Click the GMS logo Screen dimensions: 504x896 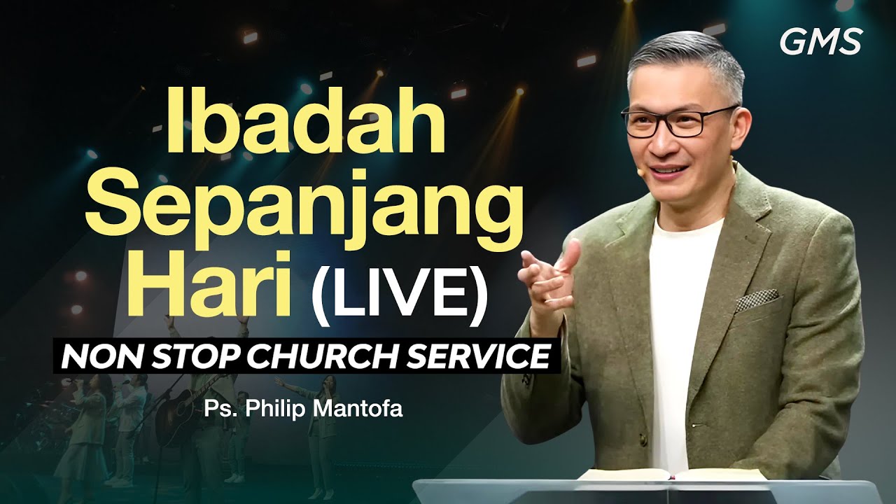820,43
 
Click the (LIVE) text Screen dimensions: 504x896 399,289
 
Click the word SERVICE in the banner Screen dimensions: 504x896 494,356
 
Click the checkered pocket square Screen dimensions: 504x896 756,300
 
